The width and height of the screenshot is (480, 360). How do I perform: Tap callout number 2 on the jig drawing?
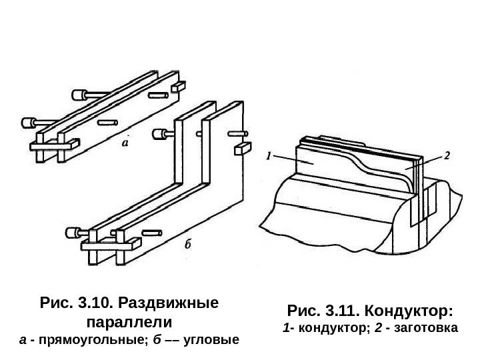[446, 155]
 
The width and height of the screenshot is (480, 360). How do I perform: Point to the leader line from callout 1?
[293, 160]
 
